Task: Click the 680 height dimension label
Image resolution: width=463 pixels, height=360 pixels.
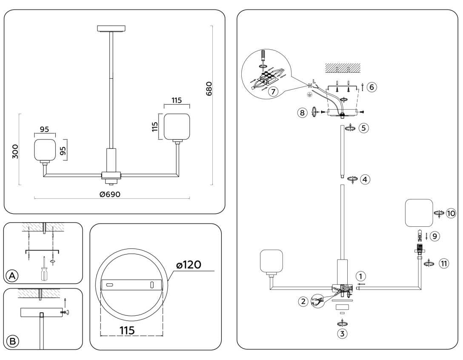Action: (x=209, y=89)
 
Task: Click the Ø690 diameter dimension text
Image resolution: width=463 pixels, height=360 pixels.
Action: (x=110, y=194)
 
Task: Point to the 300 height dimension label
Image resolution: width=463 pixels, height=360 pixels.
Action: (x=15, y=151)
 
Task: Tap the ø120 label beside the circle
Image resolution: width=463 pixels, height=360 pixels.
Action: (x=189, y=265)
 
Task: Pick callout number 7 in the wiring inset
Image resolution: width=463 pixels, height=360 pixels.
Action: (x=273, y=91)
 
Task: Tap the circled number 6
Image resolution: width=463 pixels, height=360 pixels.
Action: (x=371, y=87)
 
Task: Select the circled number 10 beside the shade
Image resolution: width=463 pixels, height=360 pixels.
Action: (x=451, y=212)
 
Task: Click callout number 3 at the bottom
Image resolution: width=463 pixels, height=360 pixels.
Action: (x=342, y=334)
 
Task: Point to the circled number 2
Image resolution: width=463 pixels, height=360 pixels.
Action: (x=303, y=302)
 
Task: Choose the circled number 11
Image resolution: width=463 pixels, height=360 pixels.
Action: (x=444, y=264)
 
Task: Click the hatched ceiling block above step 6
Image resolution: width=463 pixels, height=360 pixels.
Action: (x=343, y=67)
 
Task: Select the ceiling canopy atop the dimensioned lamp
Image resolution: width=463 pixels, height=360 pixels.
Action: (x=111, y=29)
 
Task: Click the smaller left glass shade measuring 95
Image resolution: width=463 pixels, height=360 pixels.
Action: (x=45, y=150)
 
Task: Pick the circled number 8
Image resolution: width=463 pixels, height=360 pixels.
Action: (x=303, y=113)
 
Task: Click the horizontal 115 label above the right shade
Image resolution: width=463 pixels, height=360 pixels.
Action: (x=177, y=100)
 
